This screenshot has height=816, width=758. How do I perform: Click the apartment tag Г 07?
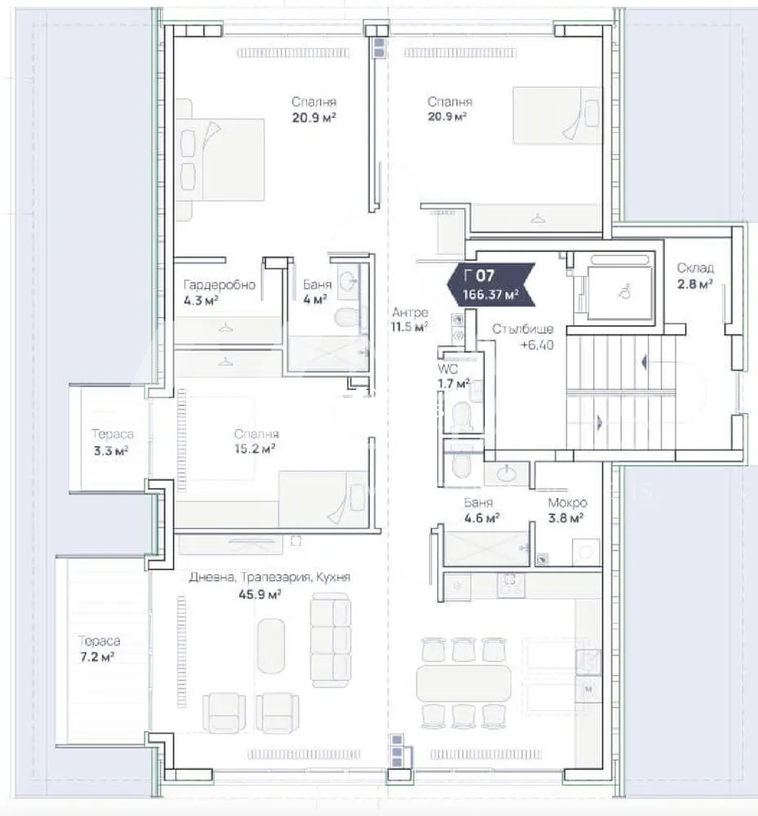coord(491,284)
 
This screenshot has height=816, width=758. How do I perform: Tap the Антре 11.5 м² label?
coord(410,320)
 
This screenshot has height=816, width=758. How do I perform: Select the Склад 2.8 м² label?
coord(695,276)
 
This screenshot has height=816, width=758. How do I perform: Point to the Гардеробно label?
coord(219,285)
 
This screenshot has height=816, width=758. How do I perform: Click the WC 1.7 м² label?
coord(453,376)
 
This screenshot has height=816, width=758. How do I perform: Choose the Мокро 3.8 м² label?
coord(567,510)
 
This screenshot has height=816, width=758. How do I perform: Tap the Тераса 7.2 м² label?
coord(99,649)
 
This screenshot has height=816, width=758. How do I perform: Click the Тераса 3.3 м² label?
coord(112,441)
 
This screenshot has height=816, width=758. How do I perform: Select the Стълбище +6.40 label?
coord(522,337)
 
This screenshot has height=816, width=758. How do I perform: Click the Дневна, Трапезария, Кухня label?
coord(269,577)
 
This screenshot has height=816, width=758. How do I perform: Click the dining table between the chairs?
coord(463,683)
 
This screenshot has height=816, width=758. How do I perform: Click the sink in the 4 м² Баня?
coord(348,282)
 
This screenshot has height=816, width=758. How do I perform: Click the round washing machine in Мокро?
coord(586,552)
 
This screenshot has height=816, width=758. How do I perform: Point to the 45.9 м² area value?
coord(259,594)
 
